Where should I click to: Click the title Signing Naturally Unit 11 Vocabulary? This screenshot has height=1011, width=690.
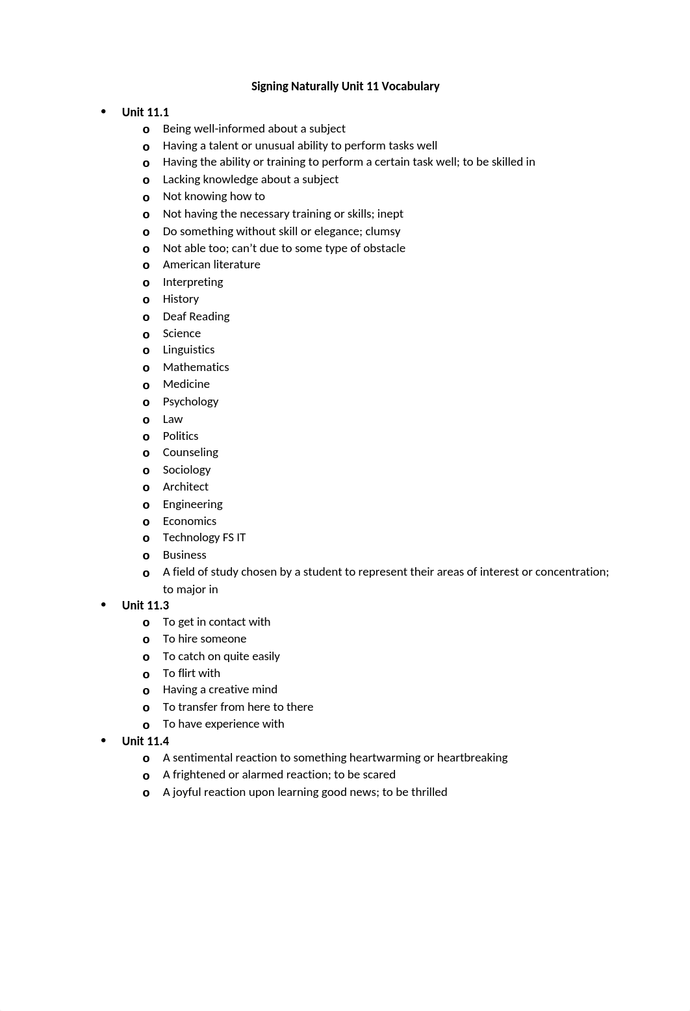pyautogui.click(x=345, y=86)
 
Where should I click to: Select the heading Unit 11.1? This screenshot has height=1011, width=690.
pyautogui.click(x=145, y=112)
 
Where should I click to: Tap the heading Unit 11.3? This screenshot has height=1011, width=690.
pyautogui.click(x=145, y=606)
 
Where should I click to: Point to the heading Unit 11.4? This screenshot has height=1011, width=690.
pyautogui.click(x=145, y=741)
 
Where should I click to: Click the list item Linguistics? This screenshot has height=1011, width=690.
pyautogui.click(x=188, y=350)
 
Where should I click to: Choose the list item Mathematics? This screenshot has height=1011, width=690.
pyautogui.click(x=196, y=367)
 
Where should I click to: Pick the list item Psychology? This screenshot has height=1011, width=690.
pyautogui.click(x=190, y=402)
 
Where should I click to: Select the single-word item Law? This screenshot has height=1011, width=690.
pyautogui.click(x=173, y=419)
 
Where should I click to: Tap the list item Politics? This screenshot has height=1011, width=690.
pyautogui.click(x=181, y=436)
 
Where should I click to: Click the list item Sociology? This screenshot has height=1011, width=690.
pyautogui.click(x=186, y=470)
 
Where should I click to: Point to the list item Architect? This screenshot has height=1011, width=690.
pyautogui.click(x=186, y=487)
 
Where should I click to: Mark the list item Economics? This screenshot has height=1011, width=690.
pyautogui.click(x=190, y=521)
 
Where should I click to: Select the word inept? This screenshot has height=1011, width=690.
pyautogui.click(x=390, y=214)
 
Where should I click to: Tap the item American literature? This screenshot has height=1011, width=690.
pyautogui.click(x=211, y=264)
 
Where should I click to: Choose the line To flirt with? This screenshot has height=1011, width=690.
pyautogui.click(x=191, y=673)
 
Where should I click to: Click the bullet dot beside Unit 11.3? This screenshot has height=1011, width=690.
pyautogui.click(x=103, y=604)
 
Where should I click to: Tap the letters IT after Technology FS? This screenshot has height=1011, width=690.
pyautogui.click(x=241, y=537)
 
